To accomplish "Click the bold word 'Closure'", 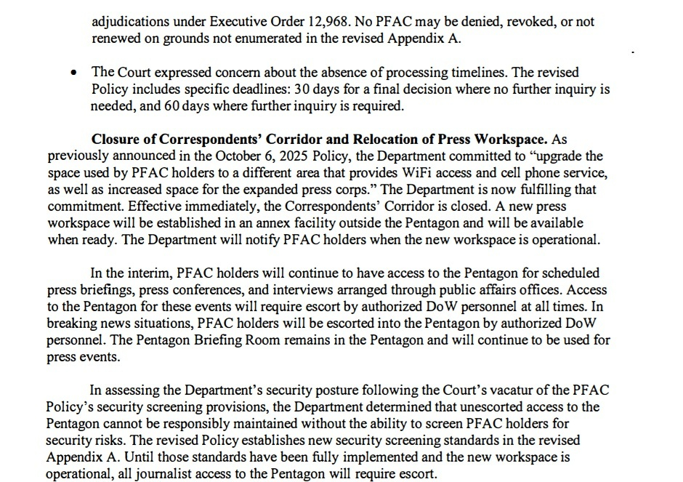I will pos(116,140).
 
